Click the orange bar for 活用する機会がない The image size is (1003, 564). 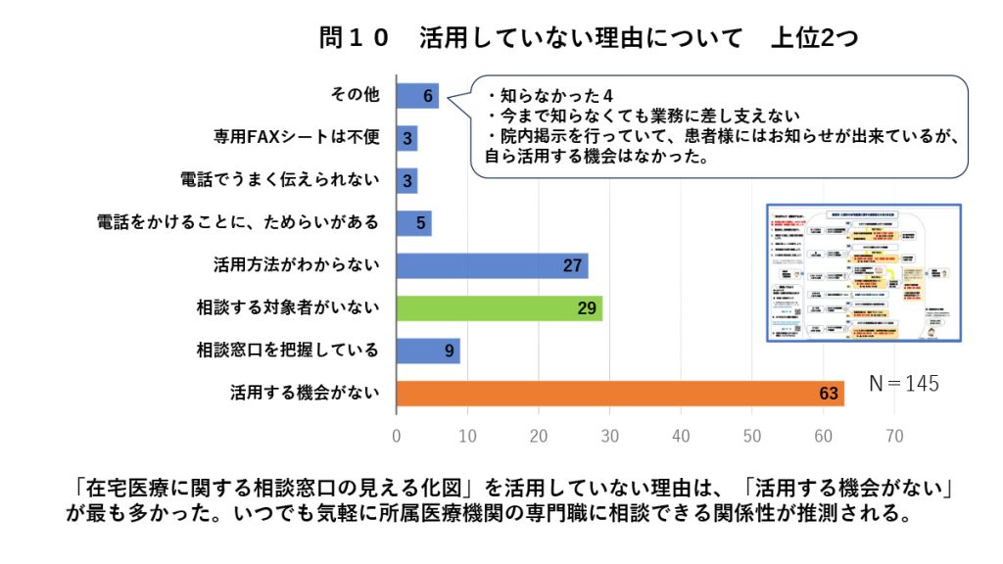point(619,393)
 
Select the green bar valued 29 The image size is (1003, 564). point(499,308)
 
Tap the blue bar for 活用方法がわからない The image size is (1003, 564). point(492,265)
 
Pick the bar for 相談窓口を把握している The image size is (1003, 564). point(428,351)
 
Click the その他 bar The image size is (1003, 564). point(417,95)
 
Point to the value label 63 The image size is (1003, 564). point(829,394)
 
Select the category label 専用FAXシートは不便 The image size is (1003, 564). point(296,138)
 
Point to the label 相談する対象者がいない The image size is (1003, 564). point(287,308)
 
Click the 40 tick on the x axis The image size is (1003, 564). point(682,434)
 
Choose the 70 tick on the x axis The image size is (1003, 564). point(895,434)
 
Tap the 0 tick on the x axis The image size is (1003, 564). point(397,434)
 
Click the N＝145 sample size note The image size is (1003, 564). point(903,384)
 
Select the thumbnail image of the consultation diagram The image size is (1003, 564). point(862,273)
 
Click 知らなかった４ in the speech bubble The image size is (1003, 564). point(549,96)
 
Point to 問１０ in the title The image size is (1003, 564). point(354,38)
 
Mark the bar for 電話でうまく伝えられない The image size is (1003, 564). point(406,180)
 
